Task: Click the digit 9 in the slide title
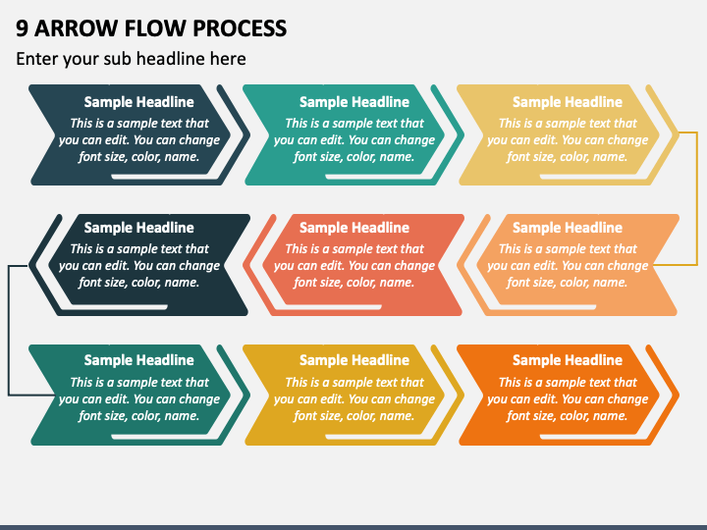point(22,28)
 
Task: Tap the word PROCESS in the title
point(240,28)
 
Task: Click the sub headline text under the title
point(131,59)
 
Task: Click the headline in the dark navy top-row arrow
point(138,102)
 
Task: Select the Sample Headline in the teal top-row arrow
point(354,102)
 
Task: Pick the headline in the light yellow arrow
point(568,102)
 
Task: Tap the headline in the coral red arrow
point(354,228)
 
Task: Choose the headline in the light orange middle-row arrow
point(568,228)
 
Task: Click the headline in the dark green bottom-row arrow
point(138,360)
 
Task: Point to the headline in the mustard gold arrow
point(354,360)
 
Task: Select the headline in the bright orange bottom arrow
point(568,360)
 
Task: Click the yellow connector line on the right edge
point(697,198)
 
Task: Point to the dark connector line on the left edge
point(9,331)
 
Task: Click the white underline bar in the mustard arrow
point(374,437)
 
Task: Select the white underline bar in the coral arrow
point(333,307)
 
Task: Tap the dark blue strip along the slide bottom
point(353,527)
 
